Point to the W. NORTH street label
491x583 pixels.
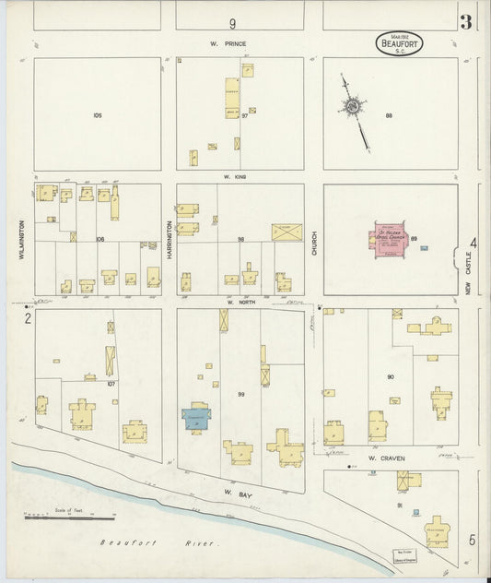(240, 302)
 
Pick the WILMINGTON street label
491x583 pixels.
(19, 238)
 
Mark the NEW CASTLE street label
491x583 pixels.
(468, 277)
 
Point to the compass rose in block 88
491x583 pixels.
(354, 109)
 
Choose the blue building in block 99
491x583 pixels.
(196, 418)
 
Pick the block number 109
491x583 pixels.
(97, 115)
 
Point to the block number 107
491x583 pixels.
(111, 384)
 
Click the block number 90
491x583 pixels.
(391, 377)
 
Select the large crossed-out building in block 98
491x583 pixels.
(286, 232)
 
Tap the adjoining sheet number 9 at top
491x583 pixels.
(233, 23)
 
